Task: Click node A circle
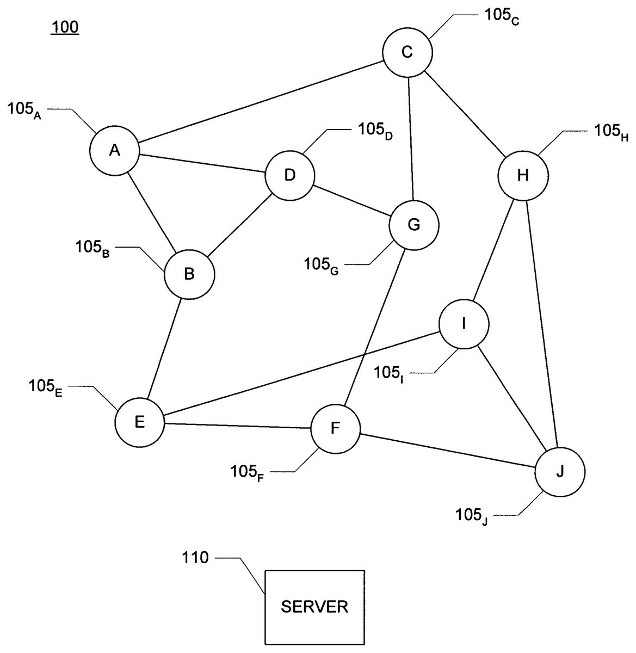(x=115, y=151)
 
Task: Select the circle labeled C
(x=407, y=53)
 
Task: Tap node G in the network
(x=414, y=225)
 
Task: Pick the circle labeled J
(x=560, y=472)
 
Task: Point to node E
(x=140, y=422)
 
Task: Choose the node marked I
(x=464, y=324)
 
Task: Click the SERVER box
(x=314, y=607)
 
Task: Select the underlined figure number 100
(x=65, y=27)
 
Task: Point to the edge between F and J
(x=448, y=450)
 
